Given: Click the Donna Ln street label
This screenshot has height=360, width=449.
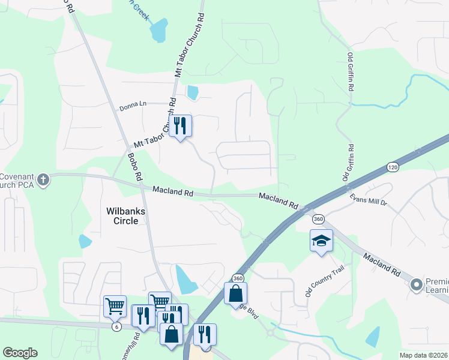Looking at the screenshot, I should [133, 105].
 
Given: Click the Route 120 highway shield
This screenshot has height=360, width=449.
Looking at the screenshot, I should [393, 166].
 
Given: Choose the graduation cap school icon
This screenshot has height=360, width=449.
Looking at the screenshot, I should [321, 241].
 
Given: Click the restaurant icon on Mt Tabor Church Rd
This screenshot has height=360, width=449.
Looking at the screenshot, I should [180, 126].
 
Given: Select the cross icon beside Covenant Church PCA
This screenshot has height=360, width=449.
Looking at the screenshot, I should [43, 179].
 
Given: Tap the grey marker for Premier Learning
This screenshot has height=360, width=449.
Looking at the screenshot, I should [415, 286].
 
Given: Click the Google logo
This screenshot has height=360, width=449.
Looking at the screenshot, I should [20, 353].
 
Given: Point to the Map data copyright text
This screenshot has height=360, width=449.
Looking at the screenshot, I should [423, 355].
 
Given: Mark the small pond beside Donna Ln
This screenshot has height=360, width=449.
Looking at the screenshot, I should [193, 92].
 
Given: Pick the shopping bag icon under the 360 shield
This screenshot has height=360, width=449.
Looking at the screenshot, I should [235, 293].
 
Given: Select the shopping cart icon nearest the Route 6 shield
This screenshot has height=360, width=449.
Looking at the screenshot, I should [115, 306].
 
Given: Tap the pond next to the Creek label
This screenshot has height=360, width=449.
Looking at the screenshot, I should [159, 31].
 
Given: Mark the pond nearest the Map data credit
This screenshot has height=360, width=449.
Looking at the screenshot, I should [373, 337].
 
